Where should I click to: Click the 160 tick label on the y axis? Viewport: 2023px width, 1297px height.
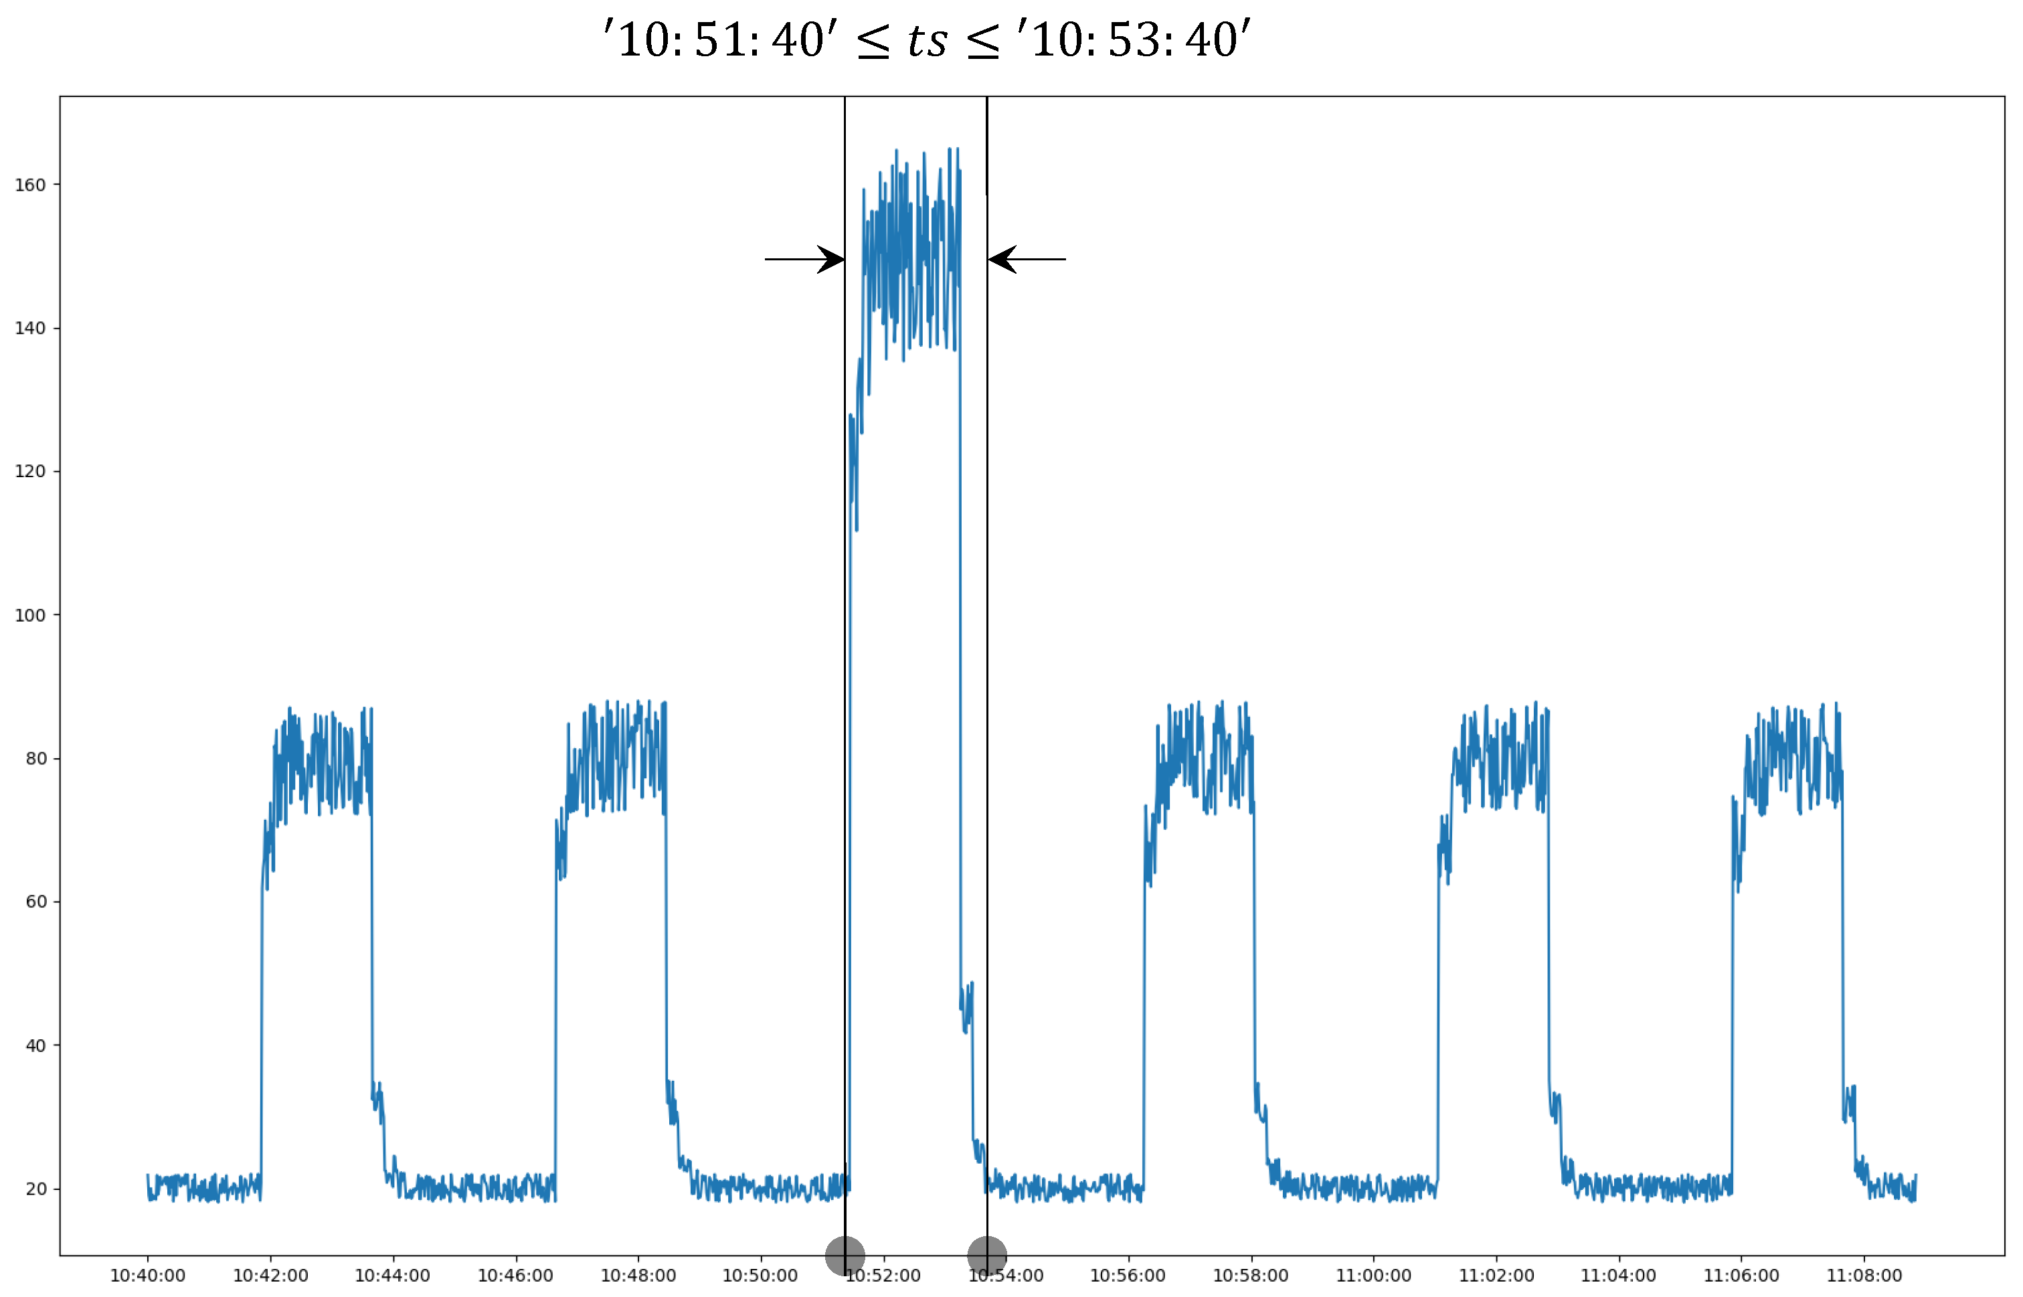29,185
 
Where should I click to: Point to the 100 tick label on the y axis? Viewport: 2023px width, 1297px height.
29,616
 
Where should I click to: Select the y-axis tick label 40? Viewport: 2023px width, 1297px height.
35,1046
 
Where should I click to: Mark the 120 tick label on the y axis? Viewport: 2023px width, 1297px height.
29,472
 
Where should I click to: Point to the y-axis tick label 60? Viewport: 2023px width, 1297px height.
35,902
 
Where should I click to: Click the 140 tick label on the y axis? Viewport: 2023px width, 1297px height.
29,329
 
